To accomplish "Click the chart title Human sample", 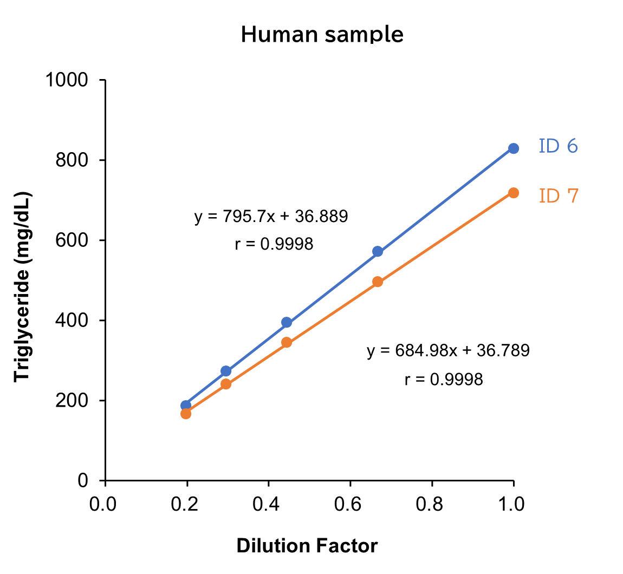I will [x=322, y=34].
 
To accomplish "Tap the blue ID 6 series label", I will [x=558, y=146].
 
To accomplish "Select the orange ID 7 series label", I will [x=559, y=195].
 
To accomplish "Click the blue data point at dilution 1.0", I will [x=514, y=148].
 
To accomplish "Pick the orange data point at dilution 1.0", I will [x=514, y=193].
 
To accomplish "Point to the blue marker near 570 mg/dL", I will [x=378, y=251].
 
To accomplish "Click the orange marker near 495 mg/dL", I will [x=378, y=282].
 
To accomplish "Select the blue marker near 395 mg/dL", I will [x=287, y=322].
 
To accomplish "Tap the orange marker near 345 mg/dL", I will [x=287, y=342].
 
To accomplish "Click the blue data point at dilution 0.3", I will [x=226, y=371].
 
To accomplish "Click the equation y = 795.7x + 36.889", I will [x=271, y=217].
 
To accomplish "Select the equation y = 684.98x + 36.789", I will [x=448, y=351].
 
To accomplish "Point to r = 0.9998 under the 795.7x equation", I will [x=274, y=244].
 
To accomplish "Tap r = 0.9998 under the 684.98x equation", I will [x=443, y=379].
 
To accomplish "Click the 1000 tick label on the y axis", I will [x=67, y=80].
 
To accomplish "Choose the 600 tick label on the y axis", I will [x=73, y=240].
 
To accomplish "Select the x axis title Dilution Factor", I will [x=307, y=546].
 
